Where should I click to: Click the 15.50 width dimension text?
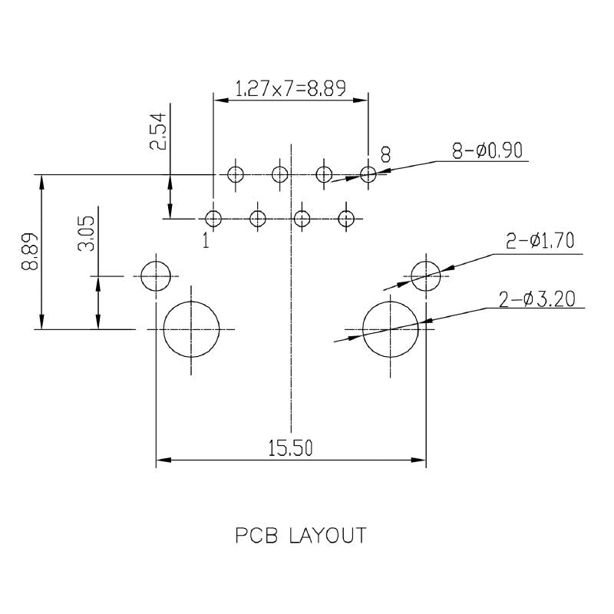tap(290, 448)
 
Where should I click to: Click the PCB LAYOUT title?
tap(300, 535)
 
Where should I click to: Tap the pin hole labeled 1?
tap(214, 219)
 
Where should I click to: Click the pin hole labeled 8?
tap(368, 175)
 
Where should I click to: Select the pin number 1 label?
tap(206, 241)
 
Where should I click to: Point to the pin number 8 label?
tap(385, 156)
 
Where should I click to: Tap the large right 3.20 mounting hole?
tap(391, 328)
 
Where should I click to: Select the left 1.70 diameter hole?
tap(156, 276)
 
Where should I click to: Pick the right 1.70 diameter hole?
tap(427, 276)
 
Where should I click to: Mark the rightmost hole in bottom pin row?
tap(347, 219)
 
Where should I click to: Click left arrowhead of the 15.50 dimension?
tap(162, 460)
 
